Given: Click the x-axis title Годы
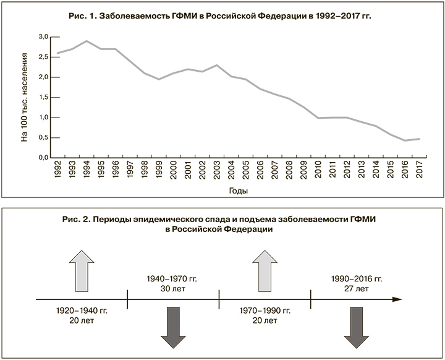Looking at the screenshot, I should (x=238, y=191).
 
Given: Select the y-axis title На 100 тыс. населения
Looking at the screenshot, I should (x=25, y=97).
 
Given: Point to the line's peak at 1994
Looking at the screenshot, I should (x=87, y=41).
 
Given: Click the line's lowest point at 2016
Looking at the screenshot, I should (x=405, y=140).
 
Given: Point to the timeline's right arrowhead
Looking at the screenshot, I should (x=397, y=300).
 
